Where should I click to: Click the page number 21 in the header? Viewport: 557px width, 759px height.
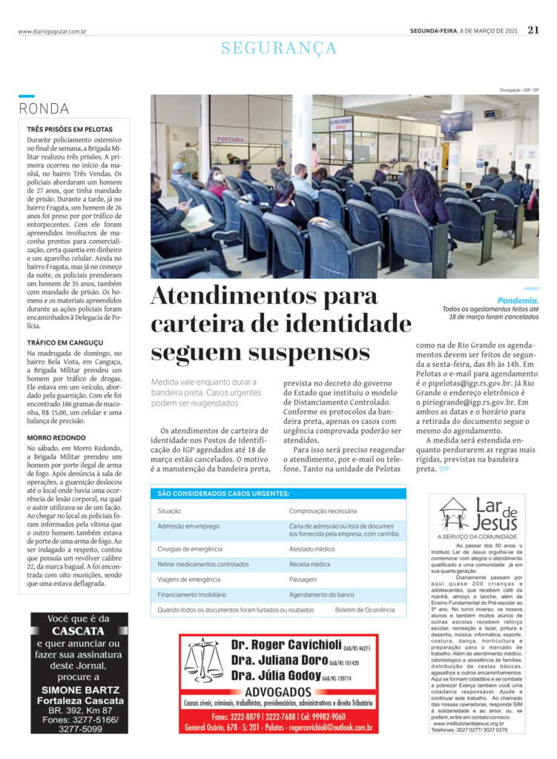[533, 30]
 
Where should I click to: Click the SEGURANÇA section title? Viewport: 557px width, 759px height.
[279, 48]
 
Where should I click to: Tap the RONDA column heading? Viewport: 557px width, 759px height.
[45, 109]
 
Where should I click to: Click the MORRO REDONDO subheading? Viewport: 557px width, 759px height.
[56, 438]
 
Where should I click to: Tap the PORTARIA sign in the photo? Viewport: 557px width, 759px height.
[231, 139]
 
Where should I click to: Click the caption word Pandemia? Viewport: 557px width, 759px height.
[518, 301]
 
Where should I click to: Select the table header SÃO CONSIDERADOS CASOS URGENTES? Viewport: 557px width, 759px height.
[223, 493]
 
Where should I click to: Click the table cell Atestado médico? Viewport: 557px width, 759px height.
[312, 549]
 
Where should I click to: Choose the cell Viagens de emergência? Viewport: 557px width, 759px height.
[188, 580]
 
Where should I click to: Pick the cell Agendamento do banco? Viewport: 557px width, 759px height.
[321, 595]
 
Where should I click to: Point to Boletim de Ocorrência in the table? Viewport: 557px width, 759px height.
[365, 610]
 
